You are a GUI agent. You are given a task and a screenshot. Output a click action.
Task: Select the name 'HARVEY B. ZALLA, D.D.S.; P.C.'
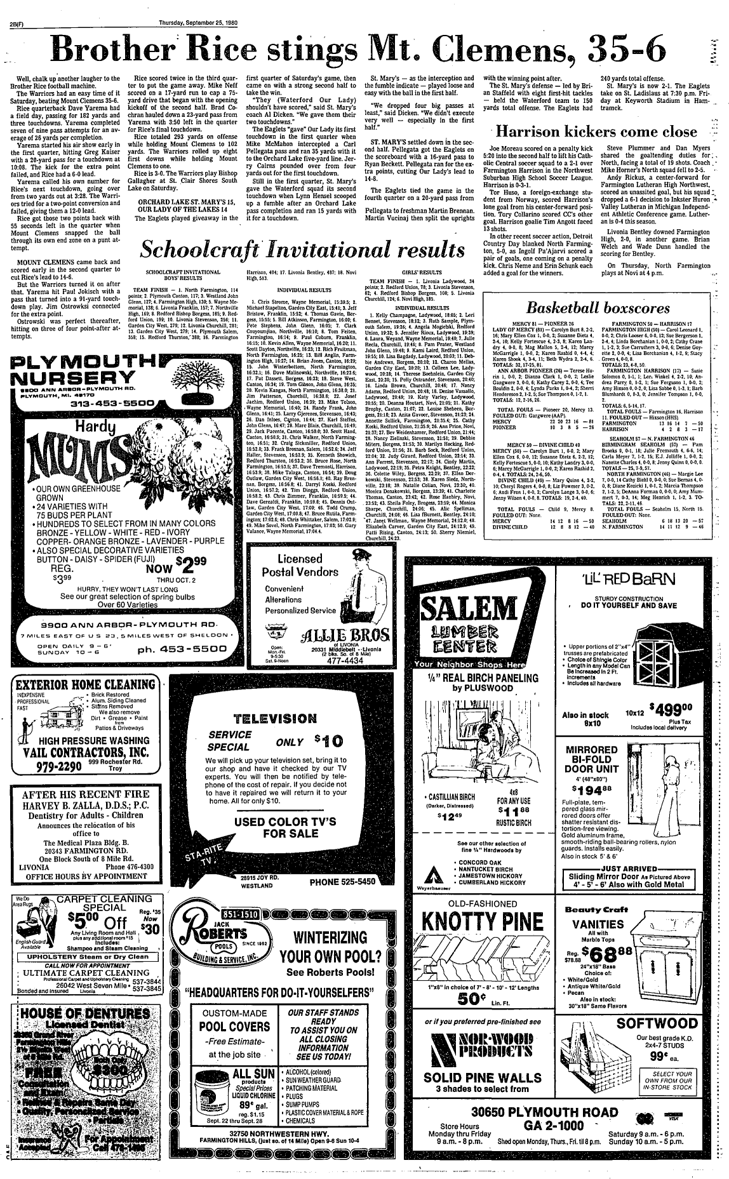tap(86, 806)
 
